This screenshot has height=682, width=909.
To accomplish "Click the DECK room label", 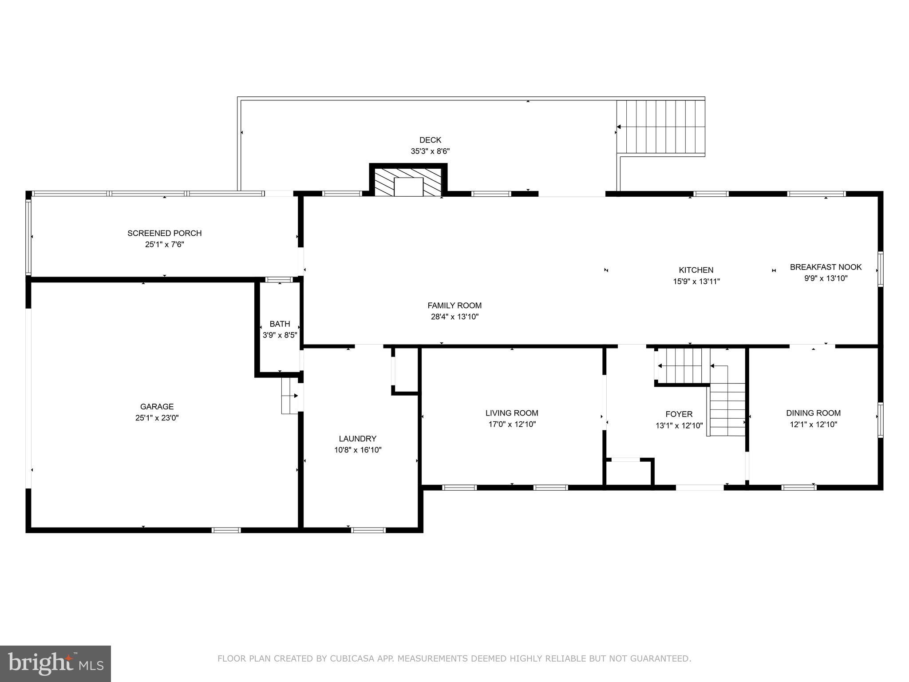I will pos(430,140).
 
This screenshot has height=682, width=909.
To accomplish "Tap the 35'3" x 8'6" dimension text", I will pos(430,151).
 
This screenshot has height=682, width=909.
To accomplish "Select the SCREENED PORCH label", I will pos(164,233).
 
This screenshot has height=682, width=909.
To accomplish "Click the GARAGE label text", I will pos(157,407).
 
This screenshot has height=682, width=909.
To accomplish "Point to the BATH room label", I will pos(280,324).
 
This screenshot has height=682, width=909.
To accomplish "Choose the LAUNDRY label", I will pos(358,439).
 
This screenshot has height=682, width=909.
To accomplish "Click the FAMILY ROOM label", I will pos(454,305).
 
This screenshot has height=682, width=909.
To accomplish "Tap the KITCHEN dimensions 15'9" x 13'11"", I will pos(696,282).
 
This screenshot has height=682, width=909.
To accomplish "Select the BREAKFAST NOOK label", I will pos(826,267).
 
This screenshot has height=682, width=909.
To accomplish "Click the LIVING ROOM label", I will pos(512,413).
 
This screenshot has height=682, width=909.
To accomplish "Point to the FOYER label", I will pos(679,414).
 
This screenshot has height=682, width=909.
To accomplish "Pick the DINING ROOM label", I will pos(813,413).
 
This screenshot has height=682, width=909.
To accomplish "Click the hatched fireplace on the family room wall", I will pos(408,182).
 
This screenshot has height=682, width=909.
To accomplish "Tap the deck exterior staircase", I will pos(660,127).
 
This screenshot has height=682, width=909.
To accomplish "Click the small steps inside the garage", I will pos(289,396).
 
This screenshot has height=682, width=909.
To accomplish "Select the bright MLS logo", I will pos(55,663).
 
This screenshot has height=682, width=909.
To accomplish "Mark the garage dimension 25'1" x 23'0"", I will pos(157,418).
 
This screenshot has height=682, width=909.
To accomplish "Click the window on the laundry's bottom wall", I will pos(368,530).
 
